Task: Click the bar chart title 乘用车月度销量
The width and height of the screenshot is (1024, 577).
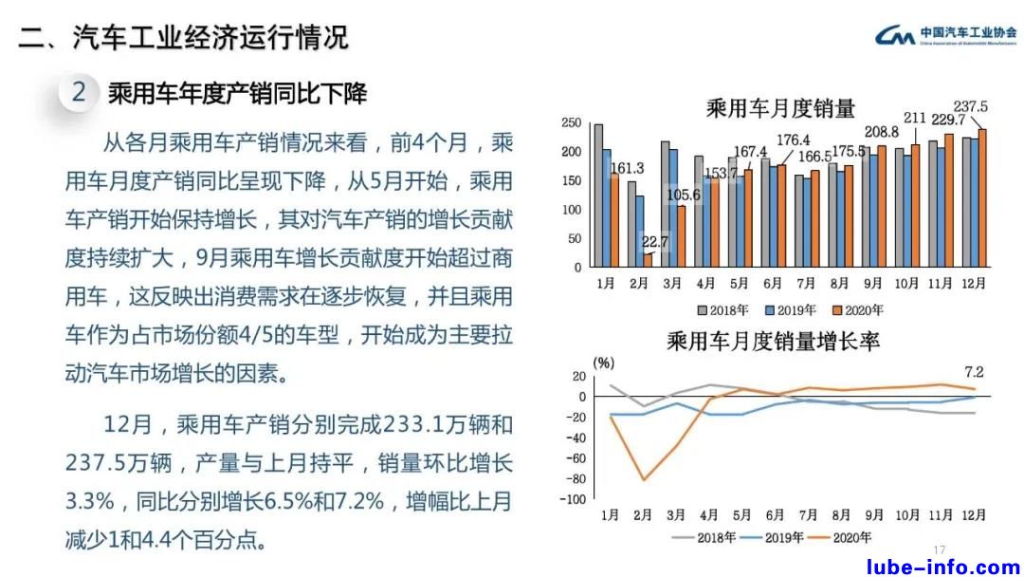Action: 780,108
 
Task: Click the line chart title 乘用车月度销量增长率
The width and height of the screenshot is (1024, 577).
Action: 773,340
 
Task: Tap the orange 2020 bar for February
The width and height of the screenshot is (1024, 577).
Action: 648,260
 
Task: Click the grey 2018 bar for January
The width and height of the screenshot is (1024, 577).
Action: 598,195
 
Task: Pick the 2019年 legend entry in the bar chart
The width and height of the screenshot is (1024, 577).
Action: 785,309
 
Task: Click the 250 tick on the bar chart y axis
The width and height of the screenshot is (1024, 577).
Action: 571,123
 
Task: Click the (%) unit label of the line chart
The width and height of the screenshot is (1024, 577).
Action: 604,362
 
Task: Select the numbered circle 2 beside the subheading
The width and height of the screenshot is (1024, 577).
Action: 80,93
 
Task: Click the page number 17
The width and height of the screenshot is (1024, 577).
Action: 940,550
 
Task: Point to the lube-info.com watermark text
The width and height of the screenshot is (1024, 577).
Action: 943,568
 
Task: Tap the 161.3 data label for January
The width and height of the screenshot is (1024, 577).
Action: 627,168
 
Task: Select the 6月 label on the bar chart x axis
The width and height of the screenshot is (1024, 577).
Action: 773,283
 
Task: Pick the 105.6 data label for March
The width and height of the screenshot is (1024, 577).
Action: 685,195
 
